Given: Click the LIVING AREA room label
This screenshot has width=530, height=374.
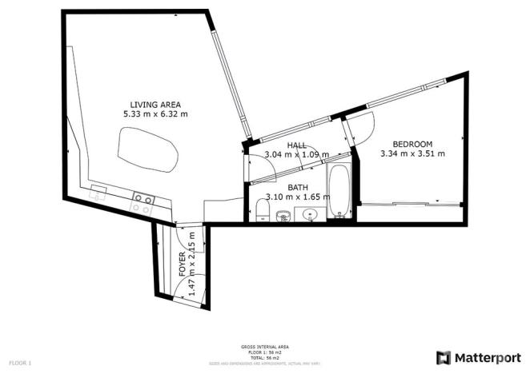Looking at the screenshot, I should [155, 104].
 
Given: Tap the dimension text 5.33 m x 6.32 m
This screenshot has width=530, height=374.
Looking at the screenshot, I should [155, 114].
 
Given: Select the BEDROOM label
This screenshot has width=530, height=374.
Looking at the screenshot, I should [412, 144].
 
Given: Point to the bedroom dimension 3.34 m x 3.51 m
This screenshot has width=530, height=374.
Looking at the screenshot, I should [412, 153].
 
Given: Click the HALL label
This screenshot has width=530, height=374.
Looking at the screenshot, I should [297, 145].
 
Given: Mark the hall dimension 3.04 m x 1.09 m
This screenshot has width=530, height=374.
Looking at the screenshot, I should [297, 154].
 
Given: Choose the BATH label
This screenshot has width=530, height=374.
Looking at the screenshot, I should [297, 186].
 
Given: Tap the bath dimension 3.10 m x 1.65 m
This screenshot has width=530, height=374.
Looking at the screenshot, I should [297, 196].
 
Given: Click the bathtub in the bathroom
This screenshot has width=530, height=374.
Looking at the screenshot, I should [339, 191].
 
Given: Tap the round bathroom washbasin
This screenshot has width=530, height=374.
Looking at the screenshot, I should [310, 213].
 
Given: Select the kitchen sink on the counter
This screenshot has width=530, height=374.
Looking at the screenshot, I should [99, 191].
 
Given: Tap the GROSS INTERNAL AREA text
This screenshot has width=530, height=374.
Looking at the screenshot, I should [264, 347].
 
